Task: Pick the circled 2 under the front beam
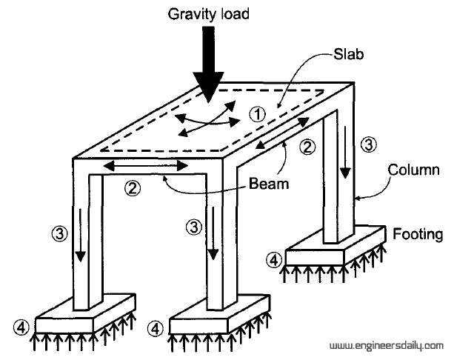pos(133,188)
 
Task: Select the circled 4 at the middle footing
pos(155,326)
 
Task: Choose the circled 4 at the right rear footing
pos(274,260)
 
